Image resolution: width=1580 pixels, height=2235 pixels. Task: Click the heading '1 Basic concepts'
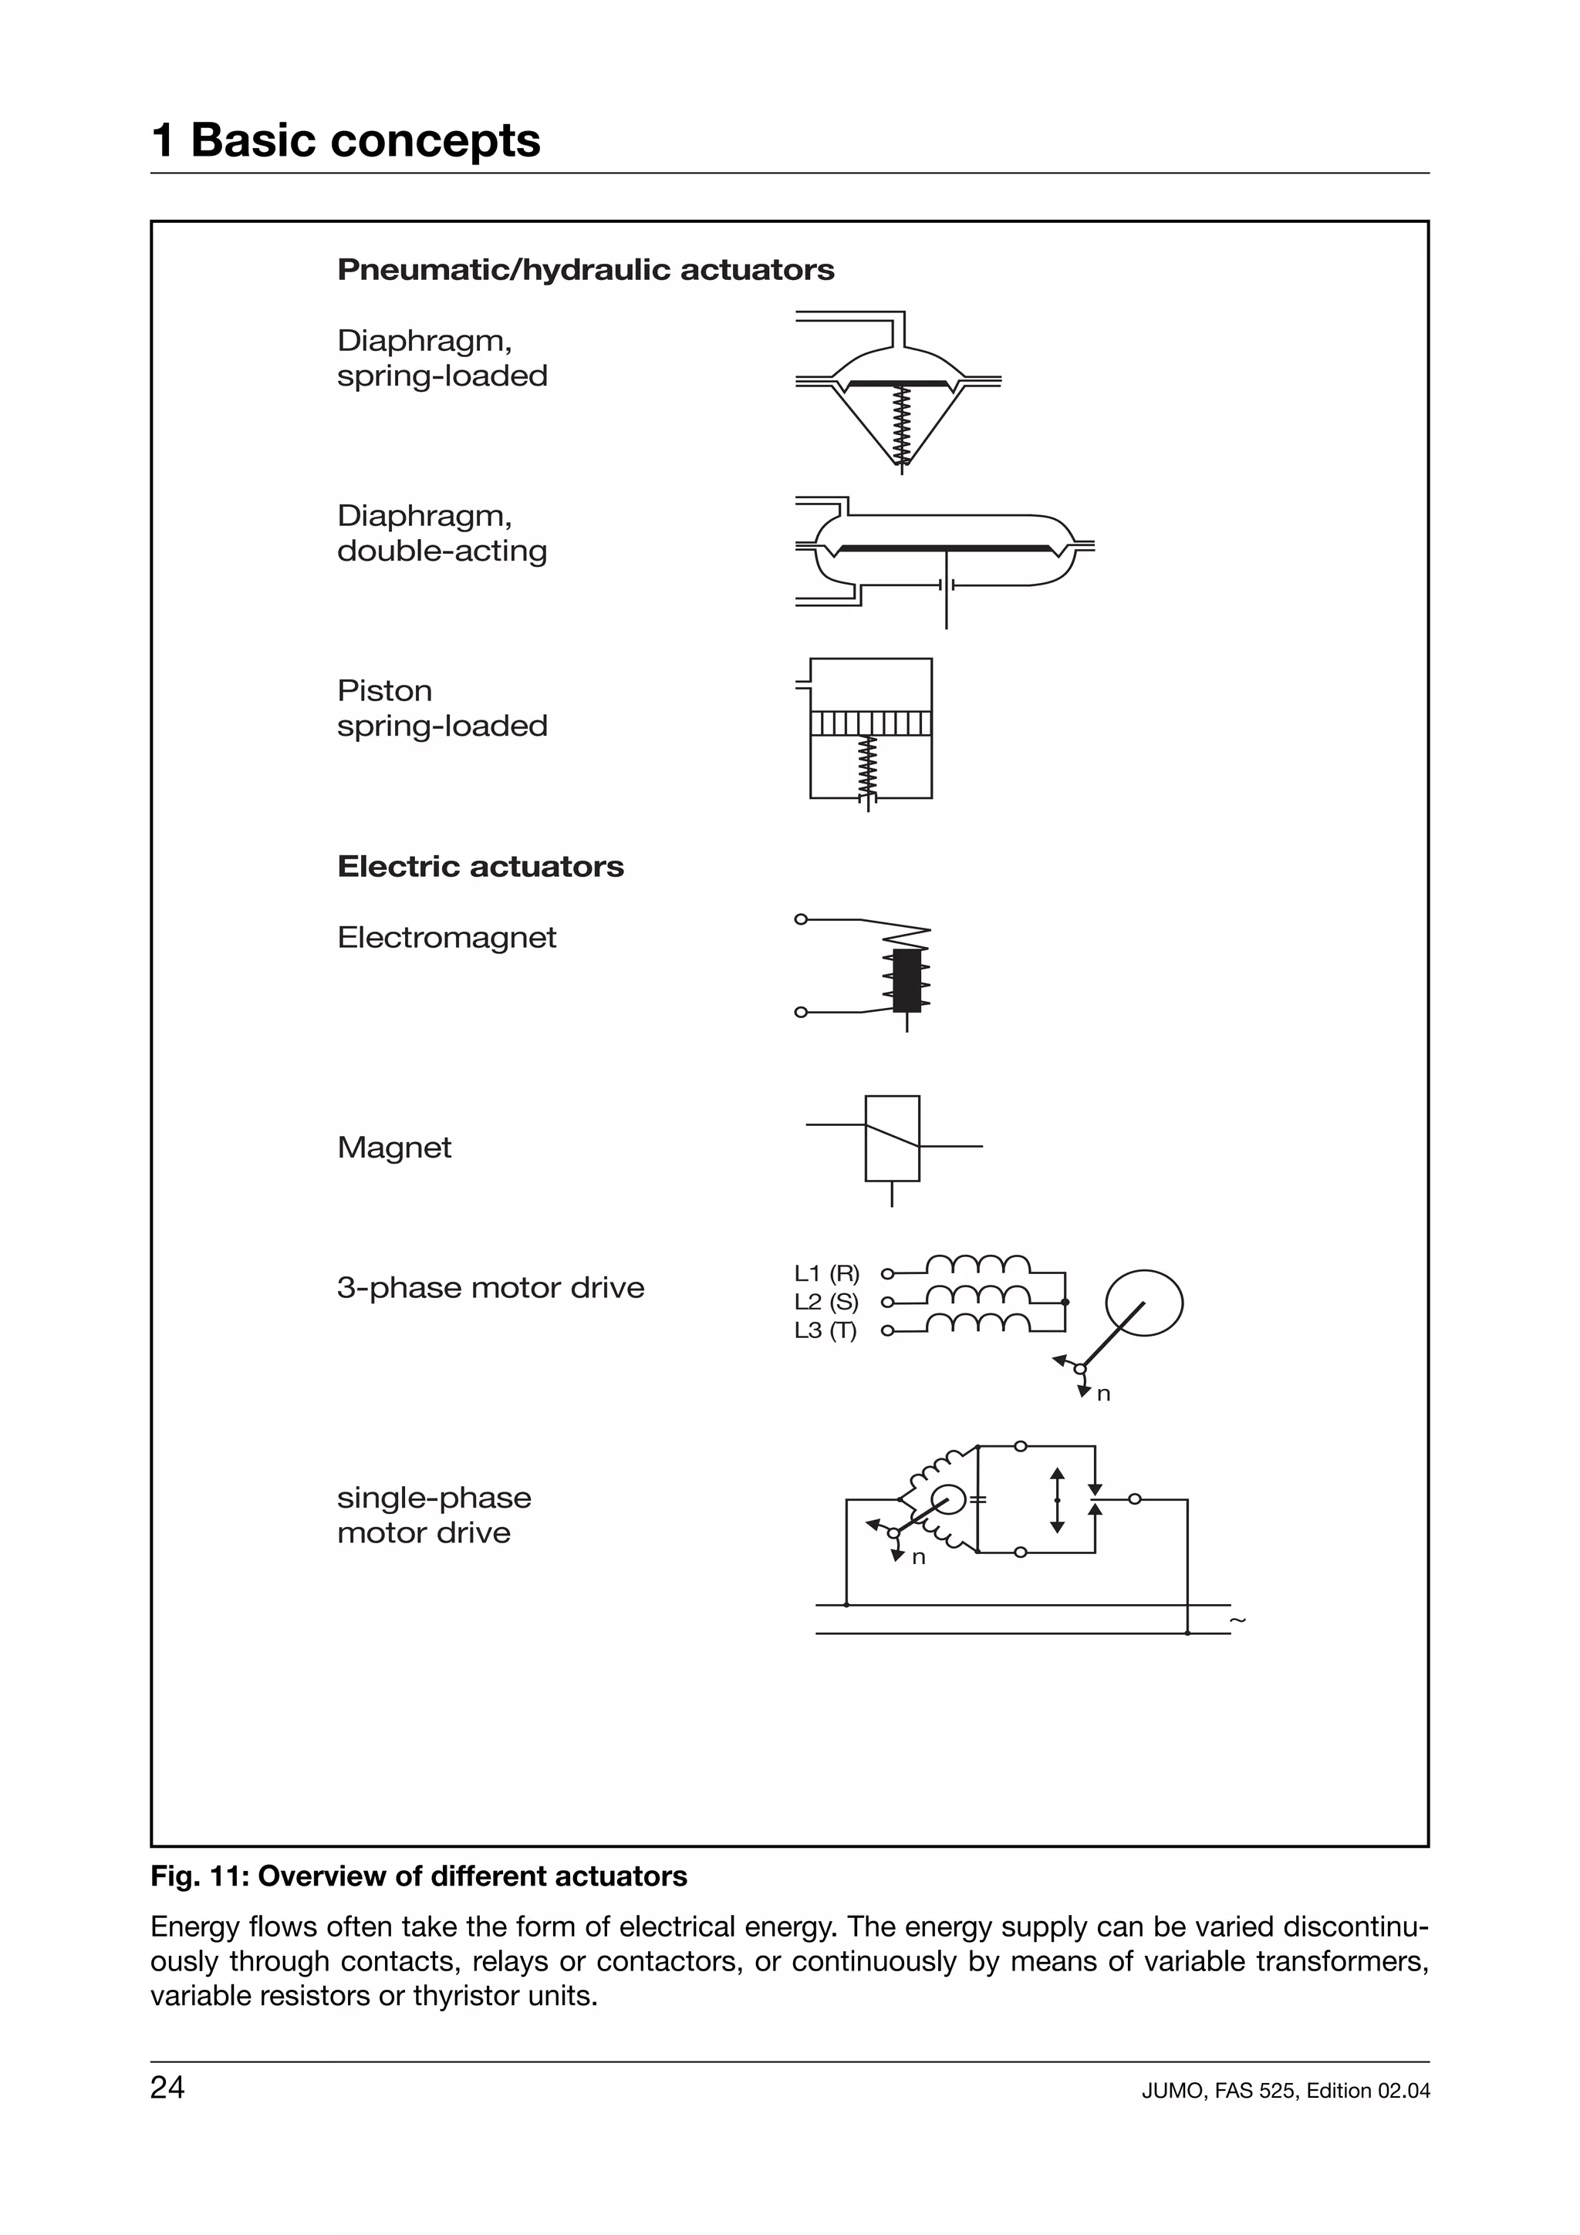click(346, 140)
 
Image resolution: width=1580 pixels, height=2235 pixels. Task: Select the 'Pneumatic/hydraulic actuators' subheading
click(585, 270)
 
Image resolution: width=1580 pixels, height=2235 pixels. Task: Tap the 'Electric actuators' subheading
click(480, 866)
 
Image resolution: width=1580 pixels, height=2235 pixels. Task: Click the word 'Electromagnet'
click(446, 937)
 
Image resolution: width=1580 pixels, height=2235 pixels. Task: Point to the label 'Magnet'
click(394, 1148)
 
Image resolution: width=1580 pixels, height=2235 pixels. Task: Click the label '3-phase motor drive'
click(491, 1288)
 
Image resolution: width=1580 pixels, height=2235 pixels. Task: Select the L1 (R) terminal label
click(826, 1273)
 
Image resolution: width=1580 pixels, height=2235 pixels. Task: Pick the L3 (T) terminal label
click(825, 1330)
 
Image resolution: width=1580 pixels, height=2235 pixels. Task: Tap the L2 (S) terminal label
click(825, 1303)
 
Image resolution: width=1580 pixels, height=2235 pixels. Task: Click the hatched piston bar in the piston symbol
click(870, 723)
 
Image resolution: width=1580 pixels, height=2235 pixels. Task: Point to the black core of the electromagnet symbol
click(906, 981)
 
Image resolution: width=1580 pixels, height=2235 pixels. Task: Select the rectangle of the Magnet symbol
click(892, 1138)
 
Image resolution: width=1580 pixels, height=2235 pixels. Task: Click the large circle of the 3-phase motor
click(1145, 1303)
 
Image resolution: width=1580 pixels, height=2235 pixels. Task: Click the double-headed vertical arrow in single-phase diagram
click(1057, 1500)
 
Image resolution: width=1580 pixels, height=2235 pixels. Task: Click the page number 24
click(167, 2088)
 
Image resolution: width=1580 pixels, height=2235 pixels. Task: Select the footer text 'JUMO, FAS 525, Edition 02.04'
click(1285, 2091)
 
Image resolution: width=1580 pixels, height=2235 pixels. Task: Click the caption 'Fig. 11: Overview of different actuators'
click(419, 1876)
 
